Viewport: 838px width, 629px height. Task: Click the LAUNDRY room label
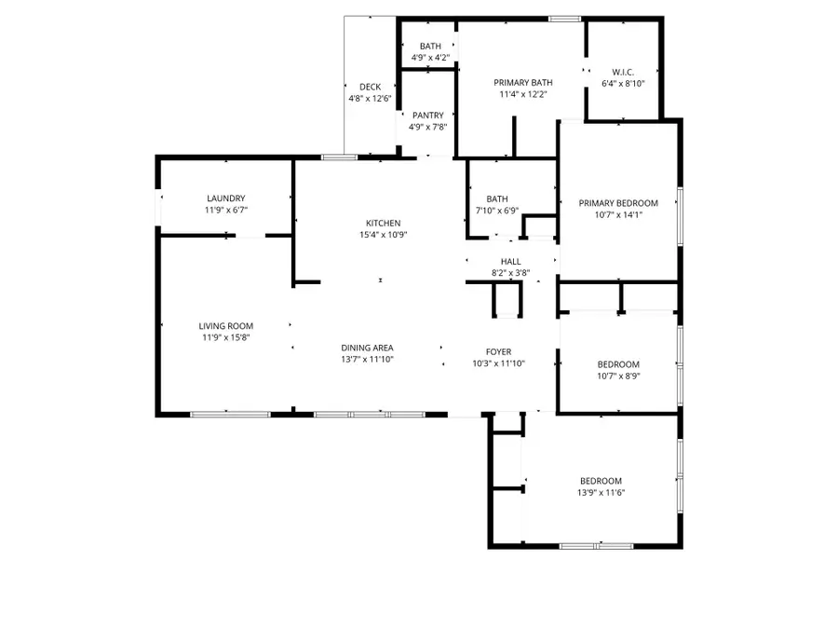pyautogui.click(x=225, y=198)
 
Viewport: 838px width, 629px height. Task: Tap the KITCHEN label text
pyautogui.click(x=383, y=224)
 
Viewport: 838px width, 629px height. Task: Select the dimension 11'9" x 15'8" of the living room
pyautogui.click(x=225, y=338)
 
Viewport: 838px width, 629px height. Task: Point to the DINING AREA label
pyautogui.click(x=367, y=348)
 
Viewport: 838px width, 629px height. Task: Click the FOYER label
pyautogui.click(x=499, y=351)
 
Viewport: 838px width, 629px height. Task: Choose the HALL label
pyautogui.click(x=510, y=262)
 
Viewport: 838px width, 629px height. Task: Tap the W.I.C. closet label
pyautogui.click(x=623, y=72)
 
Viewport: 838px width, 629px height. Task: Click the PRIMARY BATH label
pyautogui.click(x=520, y=82)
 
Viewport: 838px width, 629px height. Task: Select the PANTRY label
pyautogui.click(x=427, y=116)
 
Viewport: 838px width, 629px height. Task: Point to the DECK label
pyautogui.click(x=370, y=87)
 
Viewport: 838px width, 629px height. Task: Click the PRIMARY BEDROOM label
pyautogui.click(x=618, y=203)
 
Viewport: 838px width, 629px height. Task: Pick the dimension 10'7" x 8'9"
pyautogui.click(x=618, y=376)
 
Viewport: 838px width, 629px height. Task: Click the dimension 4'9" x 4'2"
pyautogui.click(x=430, y=57)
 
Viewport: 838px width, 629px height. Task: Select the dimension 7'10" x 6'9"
pyautogui.click(x=496, y=211)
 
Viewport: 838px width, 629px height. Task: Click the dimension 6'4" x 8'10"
pyautogui.click(x=623, y=84)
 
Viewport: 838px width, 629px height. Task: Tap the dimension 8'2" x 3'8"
pyautogui.click(x=510, y=273)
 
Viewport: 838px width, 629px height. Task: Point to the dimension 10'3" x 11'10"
pyautogui.click(x=499, y=363)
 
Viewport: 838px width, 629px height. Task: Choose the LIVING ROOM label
pyautogui.click(x=225, y=326)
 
